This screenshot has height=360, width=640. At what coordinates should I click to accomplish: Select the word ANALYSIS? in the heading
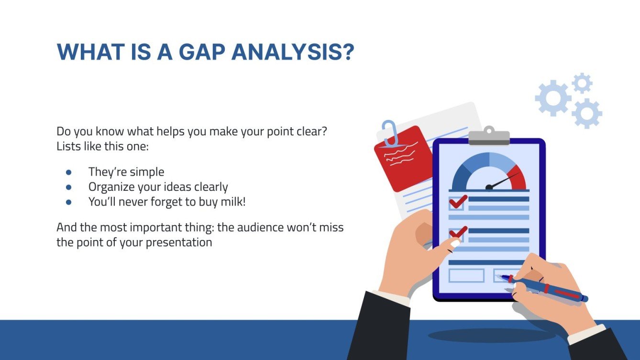tap(293, 52)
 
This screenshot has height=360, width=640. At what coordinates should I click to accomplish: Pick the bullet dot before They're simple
tap(68, 172)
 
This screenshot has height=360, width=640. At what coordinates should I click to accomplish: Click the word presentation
tap(178, 242)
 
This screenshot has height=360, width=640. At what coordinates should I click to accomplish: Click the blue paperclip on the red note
tap(390, 132)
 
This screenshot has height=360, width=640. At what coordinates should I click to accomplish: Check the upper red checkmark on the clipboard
tap(458, 201)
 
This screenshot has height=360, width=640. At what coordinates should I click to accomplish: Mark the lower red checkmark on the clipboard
tap(458, 232)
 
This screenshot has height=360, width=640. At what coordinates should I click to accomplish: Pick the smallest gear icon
tap(582, 83)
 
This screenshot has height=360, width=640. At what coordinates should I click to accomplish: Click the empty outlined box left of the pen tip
tap(466, 275)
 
